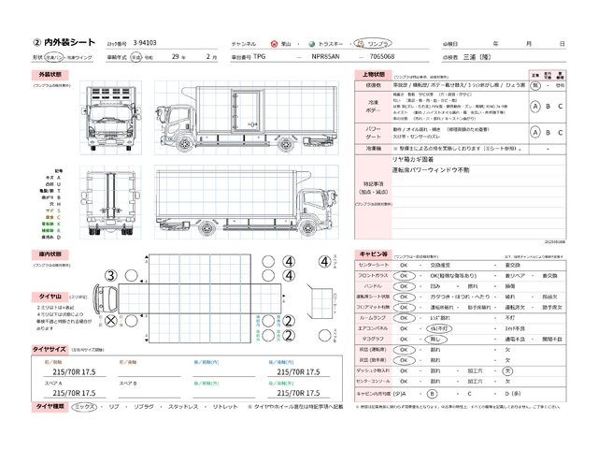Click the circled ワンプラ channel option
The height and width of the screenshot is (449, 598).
(379, 44)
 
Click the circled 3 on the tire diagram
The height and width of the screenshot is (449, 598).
(110, 275)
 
